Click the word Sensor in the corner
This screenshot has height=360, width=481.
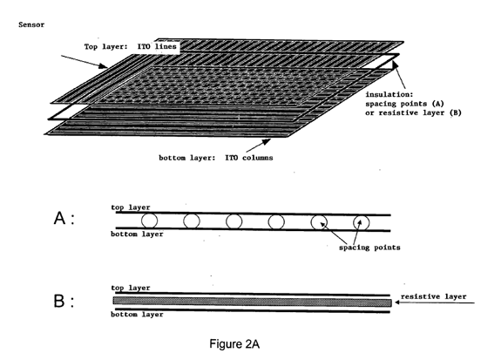pos(31,24)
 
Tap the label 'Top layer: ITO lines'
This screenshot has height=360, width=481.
pos(131,47)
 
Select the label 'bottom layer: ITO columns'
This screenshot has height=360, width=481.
pos(215,158)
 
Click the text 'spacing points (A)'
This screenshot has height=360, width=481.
pos(404,104)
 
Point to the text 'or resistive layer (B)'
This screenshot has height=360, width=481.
pos(413,113)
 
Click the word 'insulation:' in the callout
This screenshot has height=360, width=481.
pos(390,94)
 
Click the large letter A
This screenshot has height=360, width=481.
pos(59,218)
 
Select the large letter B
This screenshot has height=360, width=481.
pos(59,301)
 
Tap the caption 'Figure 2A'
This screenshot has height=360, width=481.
pos(234,343)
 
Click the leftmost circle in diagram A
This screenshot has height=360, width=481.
pos(149,221)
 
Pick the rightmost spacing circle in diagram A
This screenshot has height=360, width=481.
pos(362,222)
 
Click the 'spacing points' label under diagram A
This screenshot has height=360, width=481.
pos(369,248)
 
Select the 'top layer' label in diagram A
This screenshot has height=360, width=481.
pos(131,207)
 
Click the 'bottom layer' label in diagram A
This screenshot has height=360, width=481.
pos(137,234)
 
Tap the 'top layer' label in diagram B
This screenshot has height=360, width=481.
pos(131,288)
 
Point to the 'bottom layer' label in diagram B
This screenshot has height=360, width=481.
pos(137,315)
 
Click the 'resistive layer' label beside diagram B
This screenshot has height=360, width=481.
pos(433,296)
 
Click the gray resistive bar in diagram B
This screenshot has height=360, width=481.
pos(253,302)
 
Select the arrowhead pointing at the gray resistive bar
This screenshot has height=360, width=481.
pos(397,302)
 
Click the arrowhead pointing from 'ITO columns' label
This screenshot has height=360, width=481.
pos(267,142)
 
